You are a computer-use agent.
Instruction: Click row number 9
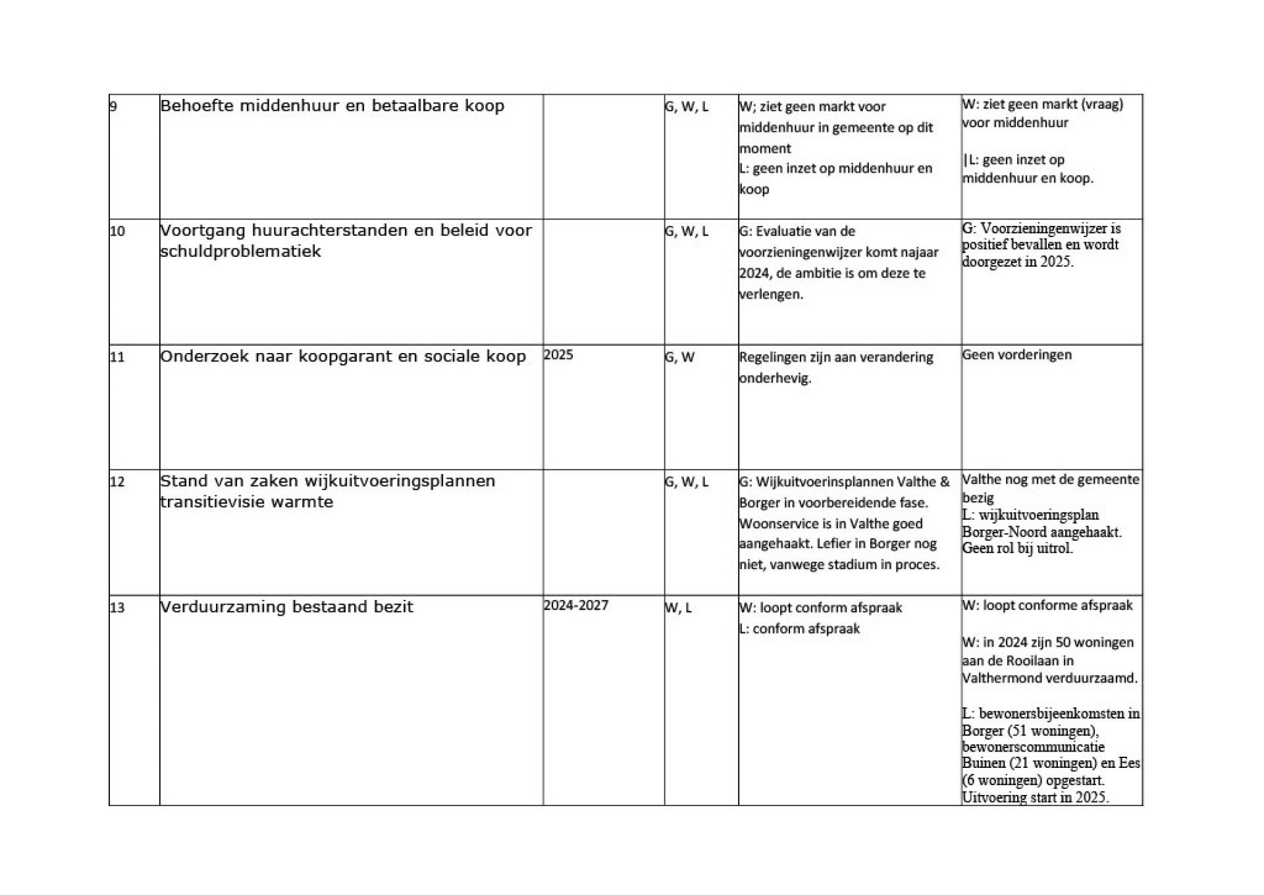click(113, 106)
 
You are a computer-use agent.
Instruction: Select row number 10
click(117, 231)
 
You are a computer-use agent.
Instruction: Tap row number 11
click(117, 357)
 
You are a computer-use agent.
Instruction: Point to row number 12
click(117, 481)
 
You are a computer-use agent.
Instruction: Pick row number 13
click(117, 607)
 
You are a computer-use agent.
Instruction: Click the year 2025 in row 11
click(558, 355)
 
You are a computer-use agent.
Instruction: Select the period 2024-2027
click(576, 605)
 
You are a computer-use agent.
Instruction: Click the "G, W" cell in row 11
click(679, 357)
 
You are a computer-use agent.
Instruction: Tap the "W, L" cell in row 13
click(678, 607)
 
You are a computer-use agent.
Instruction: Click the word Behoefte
click(197, 106)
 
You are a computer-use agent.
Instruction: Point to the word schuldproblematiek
click(240, 252)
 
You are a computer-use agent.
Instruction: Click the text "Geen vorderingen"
click(1016, 355)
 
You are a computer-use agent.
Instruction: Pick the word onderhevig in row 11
click(775, 378)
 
